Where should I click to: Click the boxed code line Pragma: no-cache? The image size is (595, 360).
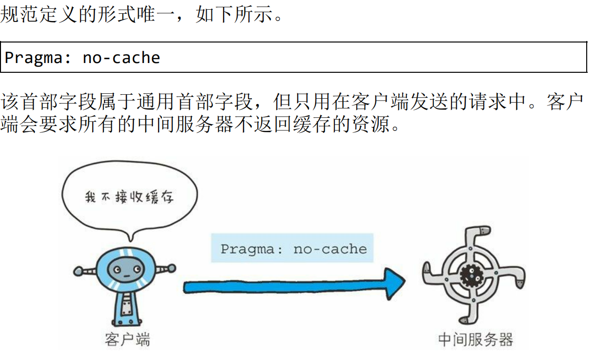(x=82, y=58)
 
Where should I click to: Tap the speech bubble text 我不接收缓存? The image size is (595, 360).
(x=129, y=197)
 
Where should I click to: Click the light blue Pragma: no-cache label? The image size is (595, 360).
(x=293, y=249)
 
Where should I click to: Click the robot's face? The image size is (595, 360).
(x=121, y=268)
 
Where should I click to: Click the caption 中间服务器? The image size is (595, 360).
(x=475, y=339)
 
